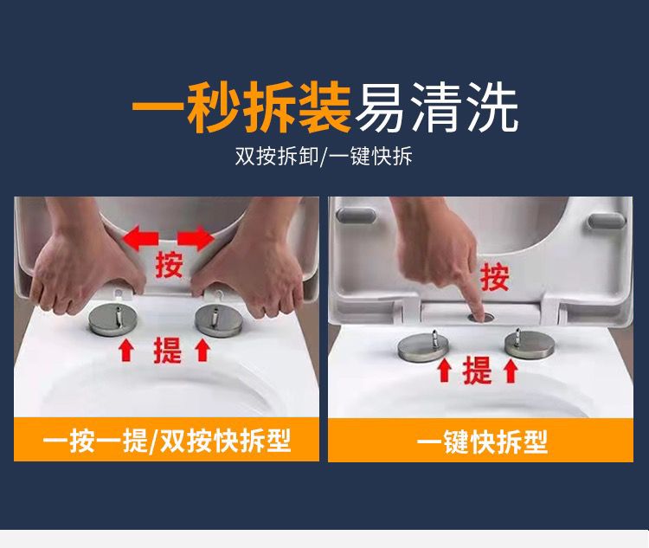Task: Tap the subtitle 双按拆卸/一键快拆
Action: tap(324, 157)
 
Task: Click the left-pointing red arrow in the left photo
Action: tap(140, 239)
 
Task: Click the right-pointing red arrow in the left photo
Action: tap(196, 238)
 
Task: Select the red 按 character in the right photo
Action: tap(495, 277)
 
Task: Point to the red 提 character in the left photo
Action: tap(168, 350)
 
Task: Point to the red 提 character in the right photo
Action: tap(477, 371)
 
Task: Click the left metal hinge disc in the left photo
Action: tap(112, 319)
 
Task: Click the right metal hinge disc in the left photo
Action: tap(218, 320)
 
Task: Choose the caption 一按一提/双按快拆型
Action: tap(167, 441)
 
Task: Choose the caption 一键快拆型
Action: tap(482, 442)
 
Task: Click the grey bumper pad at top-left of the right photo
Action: tap(356, 216)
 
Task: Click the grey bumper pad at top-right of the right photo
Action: tap(607, 221)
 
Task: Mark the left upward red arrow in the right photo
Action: tap(445, 370)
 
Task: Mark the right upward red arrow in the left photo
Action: tap(202, 350)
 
